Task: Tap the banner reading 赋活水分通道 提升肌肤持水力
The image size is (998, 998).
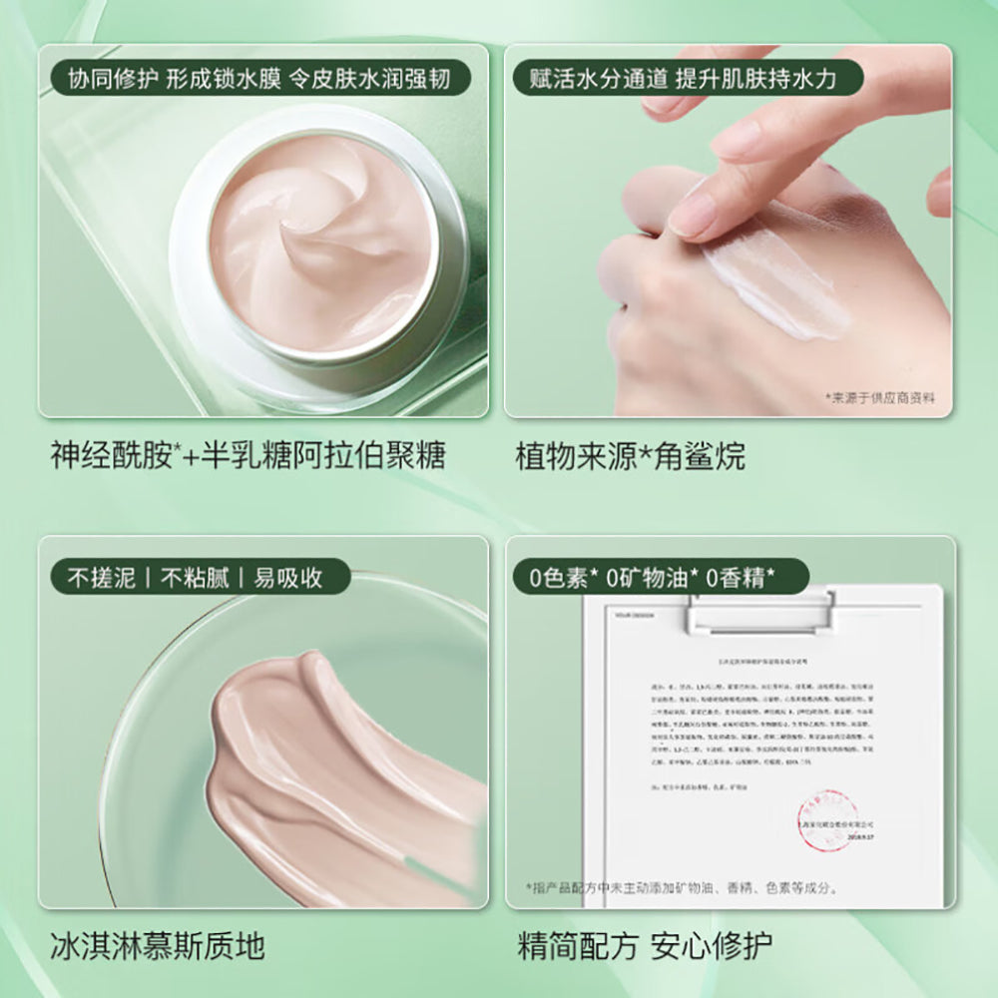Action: pos(675,78)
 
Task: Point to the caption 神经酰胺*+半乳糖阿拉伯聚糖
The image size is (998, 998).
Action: pos(249,456)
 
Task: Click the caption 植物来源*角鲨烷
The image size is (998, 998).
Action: pos(631,456)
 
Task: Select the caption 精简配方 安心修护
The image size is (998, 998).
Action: pos(645,945)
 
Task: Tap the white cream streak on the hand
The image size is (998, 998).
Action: pos(773,279)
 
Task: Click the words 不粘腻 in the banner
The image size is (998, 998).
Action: pos(196,577)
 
